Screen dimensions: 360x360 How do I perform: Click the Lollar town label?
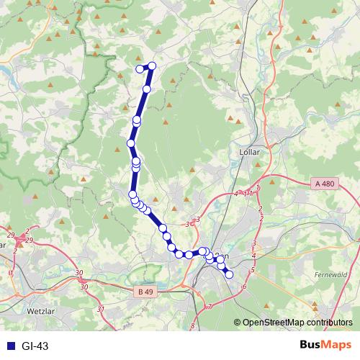[248, 153]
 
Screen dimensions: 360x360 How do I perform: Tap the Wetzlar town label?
[41, 312]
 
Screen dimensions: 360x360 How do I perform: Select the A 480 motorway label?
[325, 184]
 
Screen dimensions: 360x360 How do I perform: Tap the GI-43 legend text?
[35, 346]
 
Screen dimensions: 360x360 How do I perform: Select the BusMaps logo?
[325, 346]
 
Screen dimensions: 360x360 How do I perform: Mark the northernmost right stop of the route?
[152, 66]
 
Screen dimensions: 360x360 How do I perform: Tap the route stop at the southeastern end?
[229, 274]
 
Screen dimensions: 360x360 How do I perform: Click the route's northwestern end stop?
[140, 69]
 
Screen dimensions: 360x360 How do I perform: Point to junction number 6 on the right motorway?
[244, 287]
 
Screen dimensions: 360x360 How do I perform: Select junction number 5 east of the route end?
[253, 270]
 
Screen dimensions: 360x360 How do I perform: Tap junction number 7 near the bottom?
[209, 307]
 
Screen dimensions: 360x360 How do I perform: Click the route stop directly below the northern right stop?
[147, 89]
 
